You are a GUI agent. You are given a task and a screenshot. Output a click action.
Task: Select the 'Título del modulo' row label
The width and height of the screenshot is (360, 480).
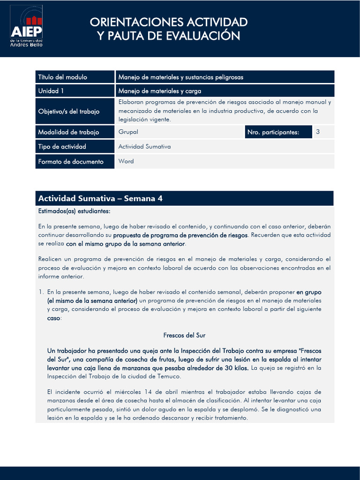click(62, 77)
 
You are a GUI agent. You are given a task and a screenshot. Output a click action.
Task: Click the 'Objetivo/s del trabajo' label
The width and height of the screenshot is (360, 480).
click(69, 112)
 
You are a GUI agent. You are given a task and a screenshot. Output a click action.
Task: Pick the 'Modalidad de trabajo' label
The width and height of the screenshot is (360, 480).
click(68, 132)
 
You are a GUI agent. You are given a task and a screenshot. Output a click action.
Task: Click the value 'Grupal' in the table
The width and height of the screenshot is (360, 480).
click(128, 132)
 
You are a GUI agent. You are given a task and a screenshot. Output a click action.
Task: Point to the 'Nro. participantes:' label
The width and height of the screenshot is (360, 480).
click(273, 132)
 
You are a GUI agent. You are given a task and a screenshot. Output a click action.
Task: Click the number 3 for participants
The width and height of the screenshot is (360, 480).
click(318, 132)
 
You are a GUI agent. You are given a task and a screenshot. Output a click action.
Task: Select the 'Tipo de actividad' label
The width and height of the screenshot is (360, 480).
click(62, 147)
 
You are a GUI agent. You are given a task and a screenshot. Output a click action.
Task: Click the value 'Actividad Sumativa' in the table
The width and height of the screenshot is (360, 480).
click(144, 147)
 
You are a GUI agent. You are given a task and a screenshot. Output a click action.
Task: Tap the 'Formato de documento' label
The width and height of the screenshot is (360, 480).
click(70, 162)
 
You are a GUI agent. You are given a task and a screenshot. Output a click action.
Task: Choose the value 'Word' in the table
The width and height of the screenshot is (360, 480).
click(126, 161)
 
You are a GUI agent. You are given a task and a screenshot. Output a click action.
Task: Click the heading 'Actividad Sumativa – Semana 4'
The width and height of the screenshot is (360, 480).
click(100, 199)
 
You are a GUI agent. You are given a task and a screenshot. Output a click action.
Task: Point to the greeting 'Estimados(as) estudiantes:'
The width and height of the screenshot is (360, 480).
click(74, 211)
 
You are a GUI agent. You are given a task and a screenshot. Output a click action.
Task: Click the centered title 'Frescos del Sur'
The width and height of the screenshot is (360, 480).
click(184, 335)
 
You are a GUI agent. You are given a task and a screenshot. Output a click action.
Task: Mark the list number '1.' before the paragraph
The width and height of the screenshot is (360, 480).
click(41, 292)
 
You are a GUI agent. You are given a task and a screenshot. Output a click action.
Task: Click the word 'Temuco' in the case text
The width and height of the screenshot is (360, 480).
click(169, 376)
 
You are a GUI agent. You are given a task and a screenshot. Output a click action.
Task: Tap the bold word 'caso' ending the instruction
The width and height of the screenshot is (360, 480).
click(53, 318)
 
